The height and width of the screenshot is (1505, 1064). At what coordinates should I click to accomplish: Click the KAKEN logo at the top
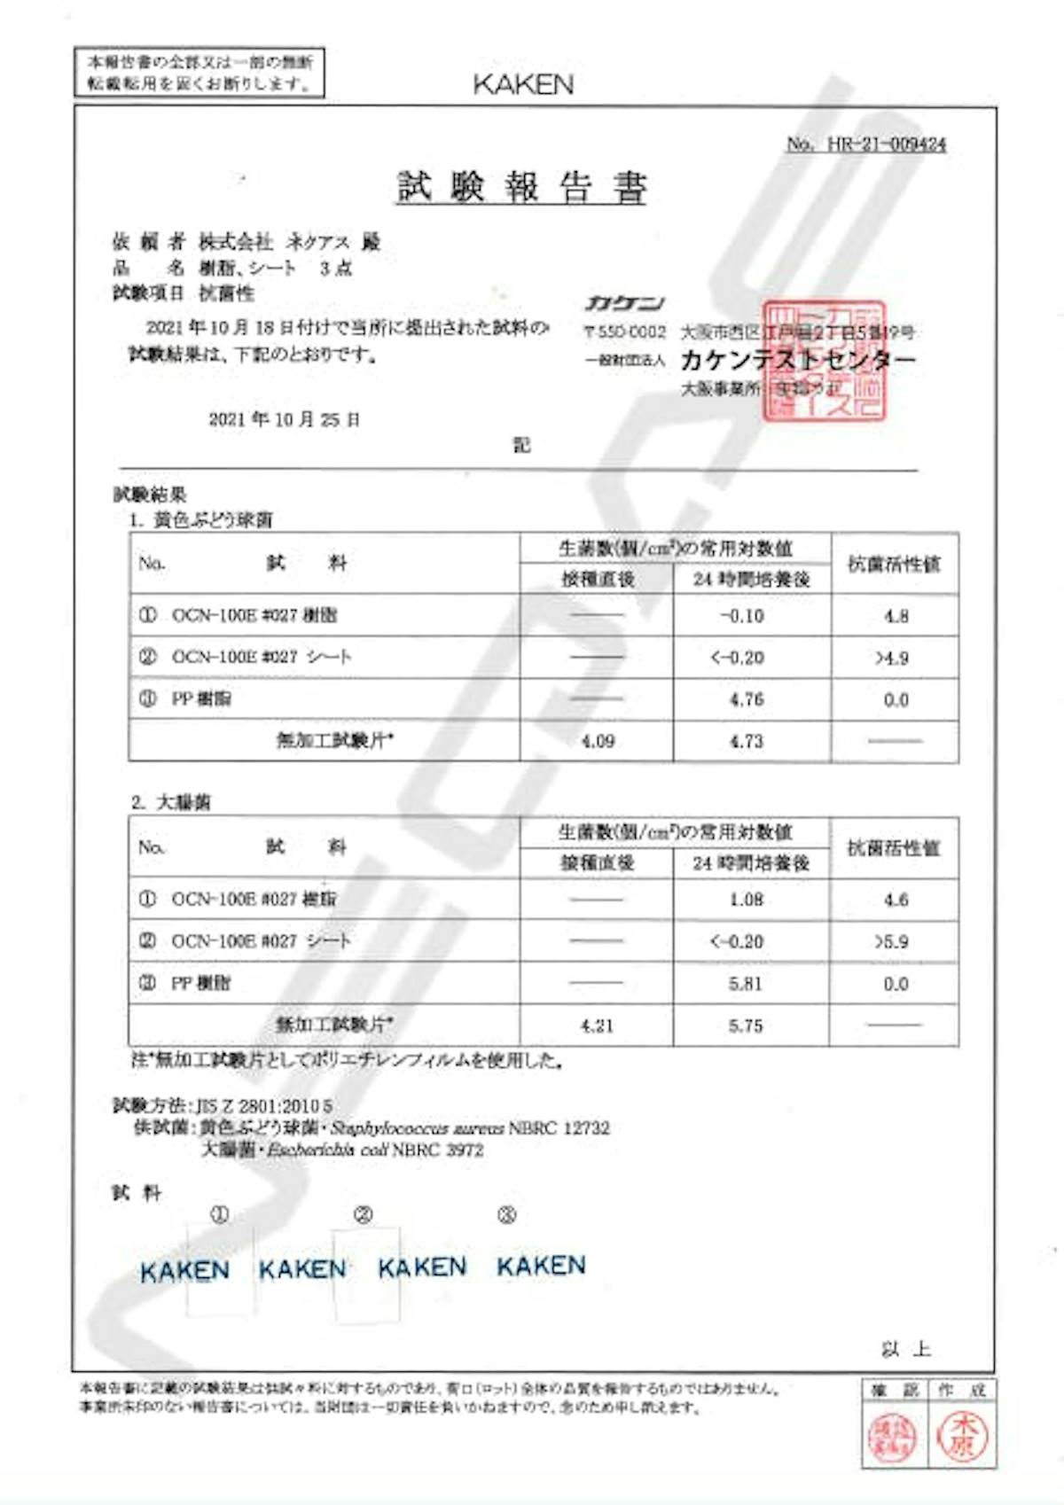coord(523,84)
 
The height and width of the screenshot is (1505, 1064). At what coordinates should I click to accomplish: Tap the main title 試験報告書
coord(521,187)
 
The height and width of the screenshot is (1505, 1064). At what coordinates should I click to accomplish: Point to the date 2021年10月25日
coord(284,419)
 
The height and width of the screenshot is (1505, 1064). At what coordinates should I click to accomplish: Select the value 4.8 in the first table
coord(896,616)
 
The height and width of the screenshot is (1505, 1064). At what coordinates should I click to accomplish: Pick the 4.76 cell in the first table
coord(747,699)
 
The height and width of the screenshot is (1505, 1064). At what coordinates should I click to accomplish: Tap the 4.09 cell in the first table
coord(598,741)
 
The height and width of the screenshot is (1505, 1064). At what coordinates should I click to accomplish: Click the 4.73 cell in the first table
coord(747,741)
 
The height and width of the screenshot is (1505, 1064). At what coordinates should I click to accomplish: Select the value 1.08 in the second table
coord(746,900)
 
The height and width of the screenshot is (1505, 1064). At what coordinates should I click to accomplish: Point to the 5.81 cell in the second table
coord(746,983)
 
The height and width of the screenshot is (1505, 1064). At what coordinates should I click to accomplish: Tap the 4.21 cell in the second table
coord(597,1025)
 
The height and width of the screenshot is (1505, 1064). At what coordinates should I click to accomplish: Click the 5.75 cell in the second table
coord(746,1025)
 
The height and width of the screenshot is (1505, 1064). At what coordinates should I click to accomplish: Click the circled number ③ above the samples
coord(506,1214)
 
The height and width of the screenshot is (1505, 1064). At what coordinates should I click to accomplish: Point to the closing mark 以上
coord(905,1349)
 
